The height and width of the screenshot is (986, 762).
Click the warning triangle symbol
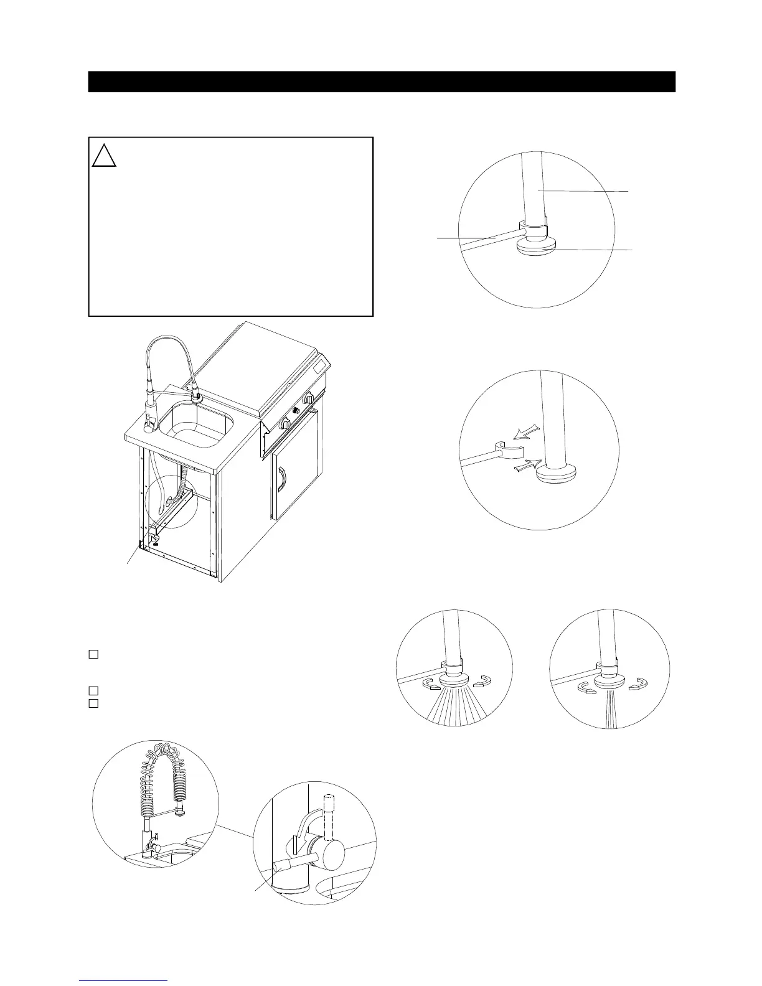tap(104, 155)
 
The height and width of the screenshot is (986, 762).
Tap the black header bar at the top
tap(381, 82)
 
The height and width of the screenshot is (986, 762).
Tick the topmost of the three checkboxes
tap(93, 654)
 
